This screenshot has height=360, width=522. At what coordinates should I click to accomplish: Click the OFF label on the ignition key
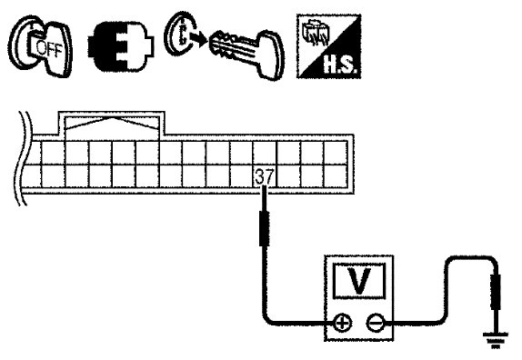pyautogui.click(x=49, y=48)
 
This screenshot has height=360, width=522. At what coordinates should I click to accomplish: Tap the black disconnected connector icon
pyautogui.click(x=121, y=46)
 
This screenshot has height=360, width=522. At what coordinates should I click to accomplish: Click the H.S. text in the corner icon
pyautogui.click(x=340, y=65)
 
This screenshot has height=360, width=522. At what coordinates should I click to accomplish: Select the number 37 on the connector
pyautogui.click(x=264, y=176)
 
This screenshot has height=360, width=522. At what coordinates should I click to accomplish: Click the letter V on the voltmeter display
pyautogui.click(x=358, y=281)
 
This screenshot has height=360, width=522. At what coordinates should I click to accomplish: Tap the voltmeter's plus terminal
pyautogui.click(x=343, y=323)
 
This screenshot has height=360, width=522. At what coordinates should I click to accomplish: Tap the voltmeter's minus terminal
pyautogui.click(x=376, y=323)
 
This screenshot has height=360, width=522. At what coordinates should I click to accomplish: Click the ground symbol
pyautogui.click(x=496, y=340)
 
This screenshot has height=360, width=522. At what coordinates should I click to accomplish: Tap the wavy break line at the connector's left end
pyautogui.click(x=24, y=158)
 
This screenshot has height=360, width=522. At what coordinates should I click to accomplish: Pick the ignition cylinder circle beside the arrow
pyautogui.click(x=177, y=34)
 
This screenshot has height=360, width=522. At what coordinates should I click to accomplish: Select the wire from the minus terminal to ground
pyautogui.click(x=447, y=293)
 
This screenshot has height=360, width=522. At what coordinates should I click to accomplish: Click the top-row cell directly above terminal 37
pyautogui.click(x=264, y=153)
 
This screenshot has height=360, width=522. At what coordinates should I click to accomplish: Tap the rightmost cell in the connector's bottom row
pyautogui.click(x=336, y=175)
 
